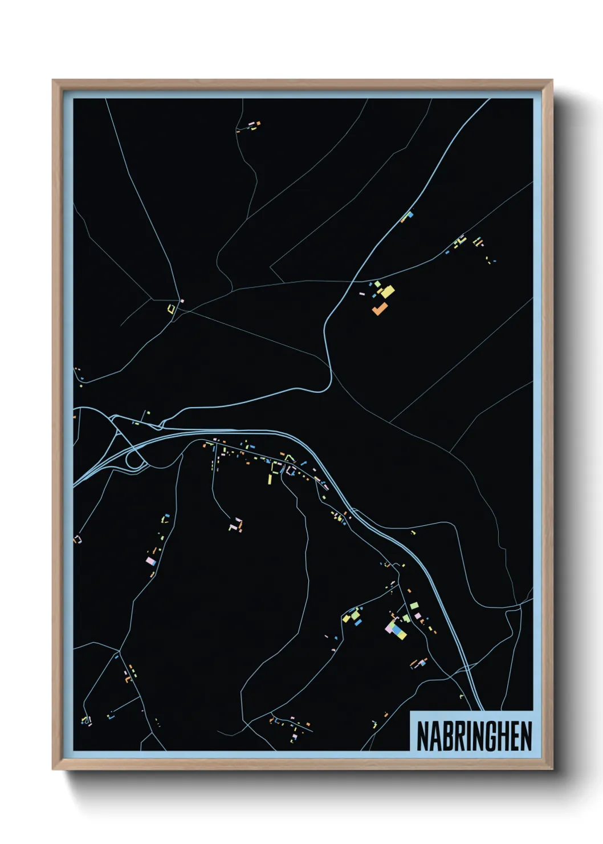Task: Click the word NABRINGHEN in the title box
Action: click(x=474, y=736)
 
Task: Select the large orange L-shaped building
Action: click(x=380, y=309)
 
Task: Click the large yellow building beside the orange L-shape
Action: click(x=388, y=292)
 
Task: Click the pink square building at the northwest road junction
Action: click(x=182, y=301)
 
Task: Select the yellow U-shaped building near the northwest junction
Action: click(x=171, y=309)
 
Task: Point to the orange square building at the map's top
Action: click(x=257, y=122)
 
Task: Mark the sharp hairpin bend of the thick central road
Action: click(x=329, y=379)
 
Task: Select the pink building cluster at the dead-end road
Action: click(x=236, y=524)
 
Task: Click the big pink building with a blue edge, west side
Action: click(x=152, y=561)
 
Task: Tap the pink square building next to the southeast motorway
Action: click(x=418, y=616)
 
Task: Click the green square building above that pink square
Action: click(x=414, y=605)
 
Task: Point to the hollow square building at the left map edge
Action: click(x=78, y=538)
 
